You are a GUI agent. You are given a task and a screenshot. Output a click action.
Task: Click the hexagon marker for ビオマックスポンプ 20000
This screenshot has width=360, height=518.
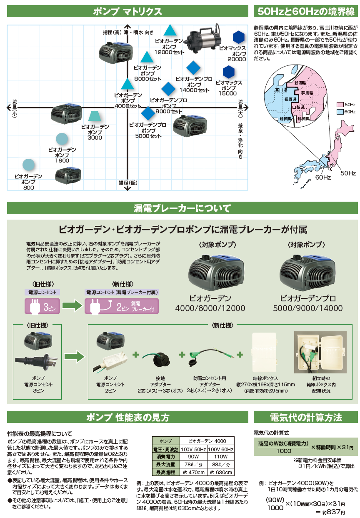point(238,38)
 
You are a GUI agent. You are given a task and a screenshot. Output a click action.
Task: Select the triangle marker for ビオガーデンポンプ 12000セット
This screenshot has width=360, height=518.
point(170,30)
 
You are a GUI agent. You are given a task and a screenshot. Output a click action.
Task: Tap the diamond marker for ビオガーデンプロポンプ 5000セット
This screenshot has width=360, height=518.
point(147,113)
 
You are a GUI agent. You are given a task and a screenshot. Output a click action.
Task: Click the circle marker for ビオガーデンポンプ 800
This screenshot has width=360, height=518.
point(28,165)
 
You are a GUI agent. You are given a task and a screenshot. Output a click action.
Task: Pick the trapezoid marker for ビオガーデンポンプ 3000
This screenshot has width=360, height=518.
point(95,116)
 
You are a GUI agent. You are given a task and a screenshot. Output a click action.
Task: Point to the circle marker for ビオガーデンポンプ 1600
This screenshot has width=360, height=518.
point(62,139)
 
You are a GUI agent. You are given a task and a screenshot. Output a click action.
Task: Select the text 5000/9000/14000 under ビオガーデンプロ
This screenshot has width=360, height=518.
point(308,308)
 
